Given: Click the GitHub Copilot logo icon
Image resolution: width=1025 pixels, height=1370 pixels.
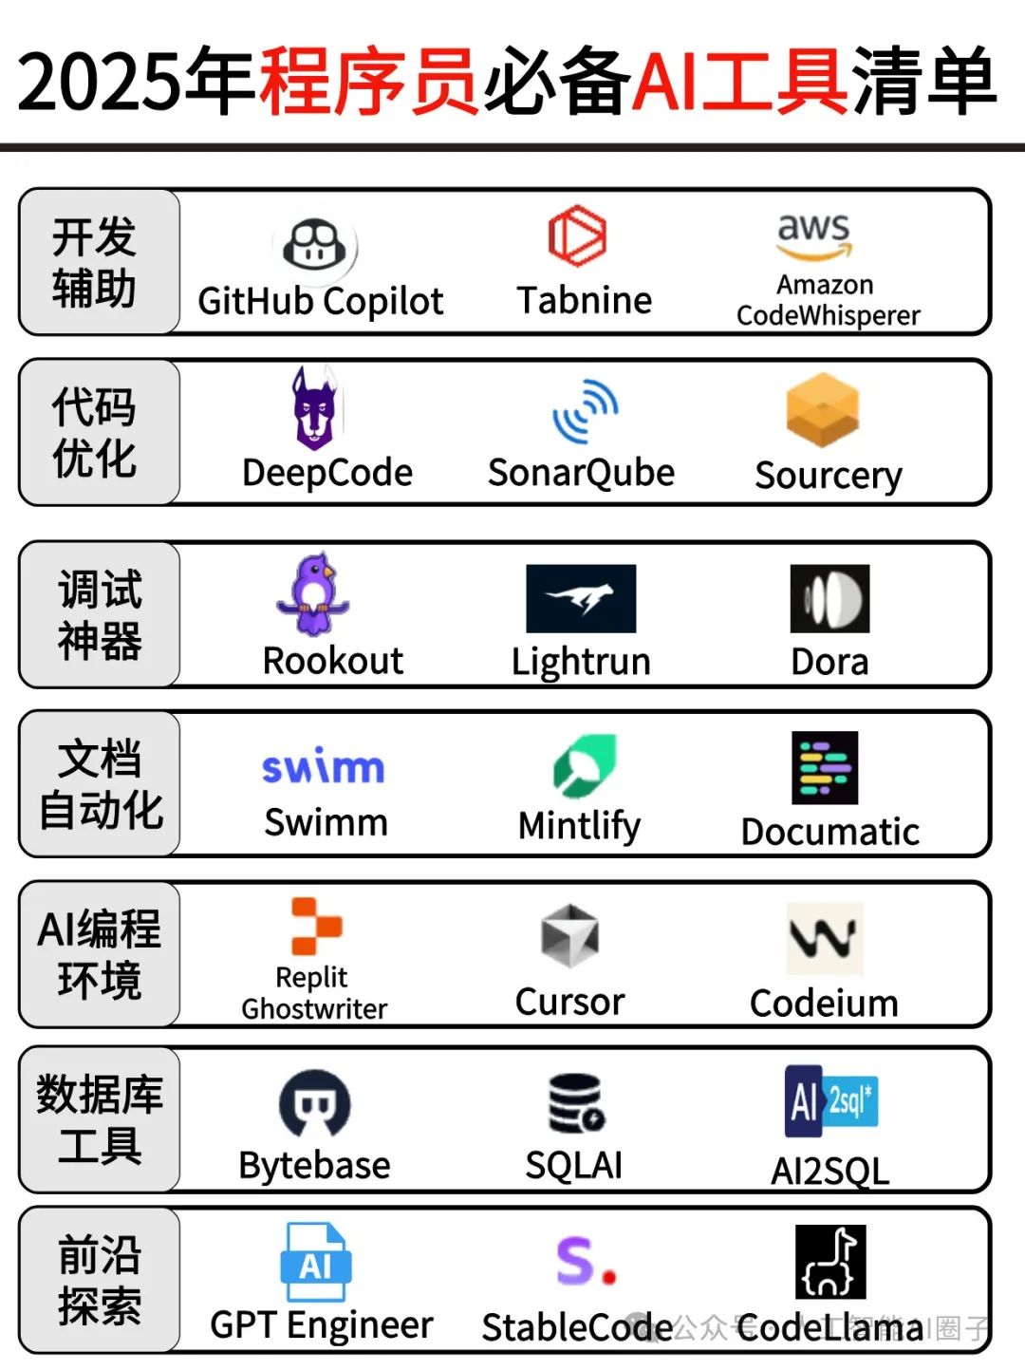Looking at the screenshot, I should [315, 246].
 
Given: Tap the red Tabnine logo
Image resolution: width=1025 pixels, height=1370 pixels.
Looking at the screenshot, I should [577, 235].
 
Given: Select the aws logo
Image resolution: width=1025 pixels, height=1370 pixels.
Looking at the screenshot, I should [814, 235].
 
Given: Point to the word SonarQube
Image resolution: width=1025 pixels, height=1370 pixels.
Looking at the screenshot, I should [581, 472].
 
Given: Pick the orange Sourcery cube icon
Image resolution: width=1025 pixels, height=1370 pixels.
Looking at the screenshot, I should [823, 410].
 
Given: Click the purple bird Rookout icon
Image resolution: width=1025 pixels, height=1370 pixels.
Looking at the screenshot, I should [313, 593].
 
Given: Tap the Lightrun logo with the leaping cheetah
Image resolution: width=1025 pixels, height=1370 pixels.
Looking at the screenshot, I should [581, 598].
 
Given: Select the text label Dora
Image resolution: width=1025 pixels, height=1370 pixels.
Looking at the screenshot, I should [829, 662].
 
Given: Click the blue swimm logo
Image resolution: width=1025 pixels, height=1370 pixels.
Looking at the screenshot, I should [323, 767].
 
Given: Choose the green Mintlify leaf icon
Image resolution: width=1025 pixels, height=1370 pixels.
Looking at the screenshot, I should [586, 765].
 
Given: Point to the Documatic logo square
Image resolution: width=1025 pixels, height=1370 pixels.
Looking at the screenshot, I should [825, 767].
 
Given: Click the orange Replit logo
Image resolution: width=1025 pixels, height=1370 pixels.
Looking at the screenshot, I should [315, 926].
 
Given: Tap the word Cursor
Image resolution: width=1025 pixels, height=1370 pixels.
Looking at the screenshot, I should [569, 1002].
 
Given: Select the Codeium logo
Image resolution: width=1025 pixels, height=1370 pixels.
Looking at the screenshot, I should [825, 938].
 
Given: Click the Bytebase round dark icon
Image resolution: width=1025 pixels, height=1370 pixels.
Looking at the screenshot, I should [315, 1103].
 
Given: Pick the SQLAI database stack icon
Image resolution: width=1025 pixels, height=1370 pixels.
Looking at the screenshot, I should [576, 1103].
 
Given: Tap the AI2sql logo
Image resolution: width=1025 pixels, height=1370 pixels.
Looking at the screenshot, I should [830, 1101].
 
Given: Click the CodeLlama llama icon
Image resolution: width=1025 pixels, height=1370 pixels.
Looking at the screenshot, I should [830, 1261].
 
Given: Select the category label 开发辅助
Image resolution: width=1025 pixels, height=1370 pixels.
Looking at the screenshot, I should [95, 262].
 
